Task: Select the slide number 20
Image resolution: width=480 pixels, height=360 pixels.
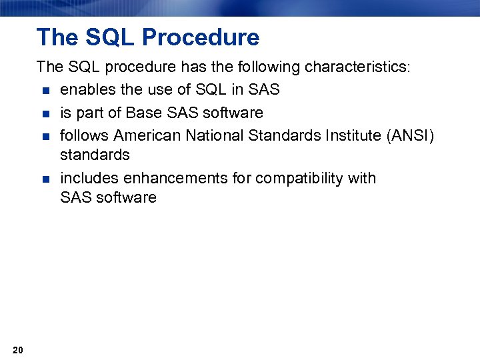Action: point(18,351)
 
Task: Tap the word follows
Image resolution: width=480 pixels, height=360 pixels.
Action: point(84,136)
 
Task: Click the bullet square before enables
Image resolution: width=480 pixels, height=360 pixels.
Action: point(45,90)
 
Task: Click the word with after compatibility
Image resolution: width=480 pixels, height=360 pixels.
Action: point(362,179)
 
